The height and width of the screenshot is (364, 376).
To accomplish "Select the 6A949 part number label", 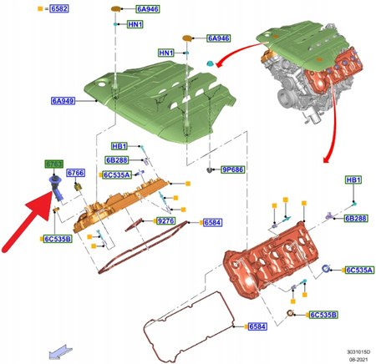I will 64,101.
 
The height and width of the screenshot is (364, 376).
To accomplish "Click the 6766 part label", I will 76,173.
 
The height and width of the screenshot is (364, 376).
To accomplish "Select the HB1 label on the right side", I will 354,180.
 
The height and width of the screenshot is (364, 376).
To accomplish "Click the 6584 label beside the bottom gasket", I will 257,326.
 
